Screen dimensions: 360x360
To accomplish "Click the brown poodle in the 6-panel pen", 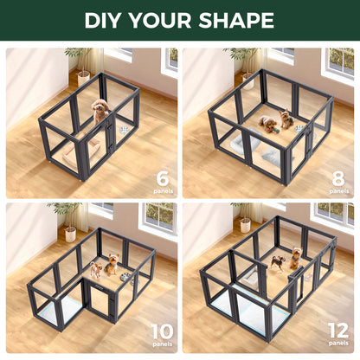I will click(100, 110).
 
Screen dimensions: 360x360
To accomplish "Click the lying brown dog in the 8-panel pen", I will click(270, 125).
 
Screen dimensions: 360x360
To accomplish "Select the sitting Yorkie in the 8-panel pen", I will click(286, 119).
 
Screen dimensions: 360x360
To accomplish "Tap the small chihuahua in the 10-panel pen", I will click(96, 270).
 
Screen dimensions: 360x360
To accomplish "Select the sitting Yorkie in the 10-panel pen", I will click(112, 264).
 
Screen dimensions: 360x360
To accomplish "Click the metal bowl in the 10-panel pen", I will click(127, 277).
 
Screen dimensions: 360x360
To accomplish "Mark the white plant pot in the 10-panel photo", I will click(70, 234).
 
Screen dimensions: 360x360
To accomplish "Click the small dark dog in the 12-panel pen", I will click(277, 261).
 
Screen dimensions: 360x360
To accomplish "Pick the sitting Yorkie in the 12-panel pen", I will click(295, 257).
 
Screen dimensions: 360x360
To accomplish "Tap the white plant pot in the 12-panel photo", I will click(245, 226).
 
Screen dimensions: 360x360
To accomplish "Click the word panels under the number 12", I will click(338, 346).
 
